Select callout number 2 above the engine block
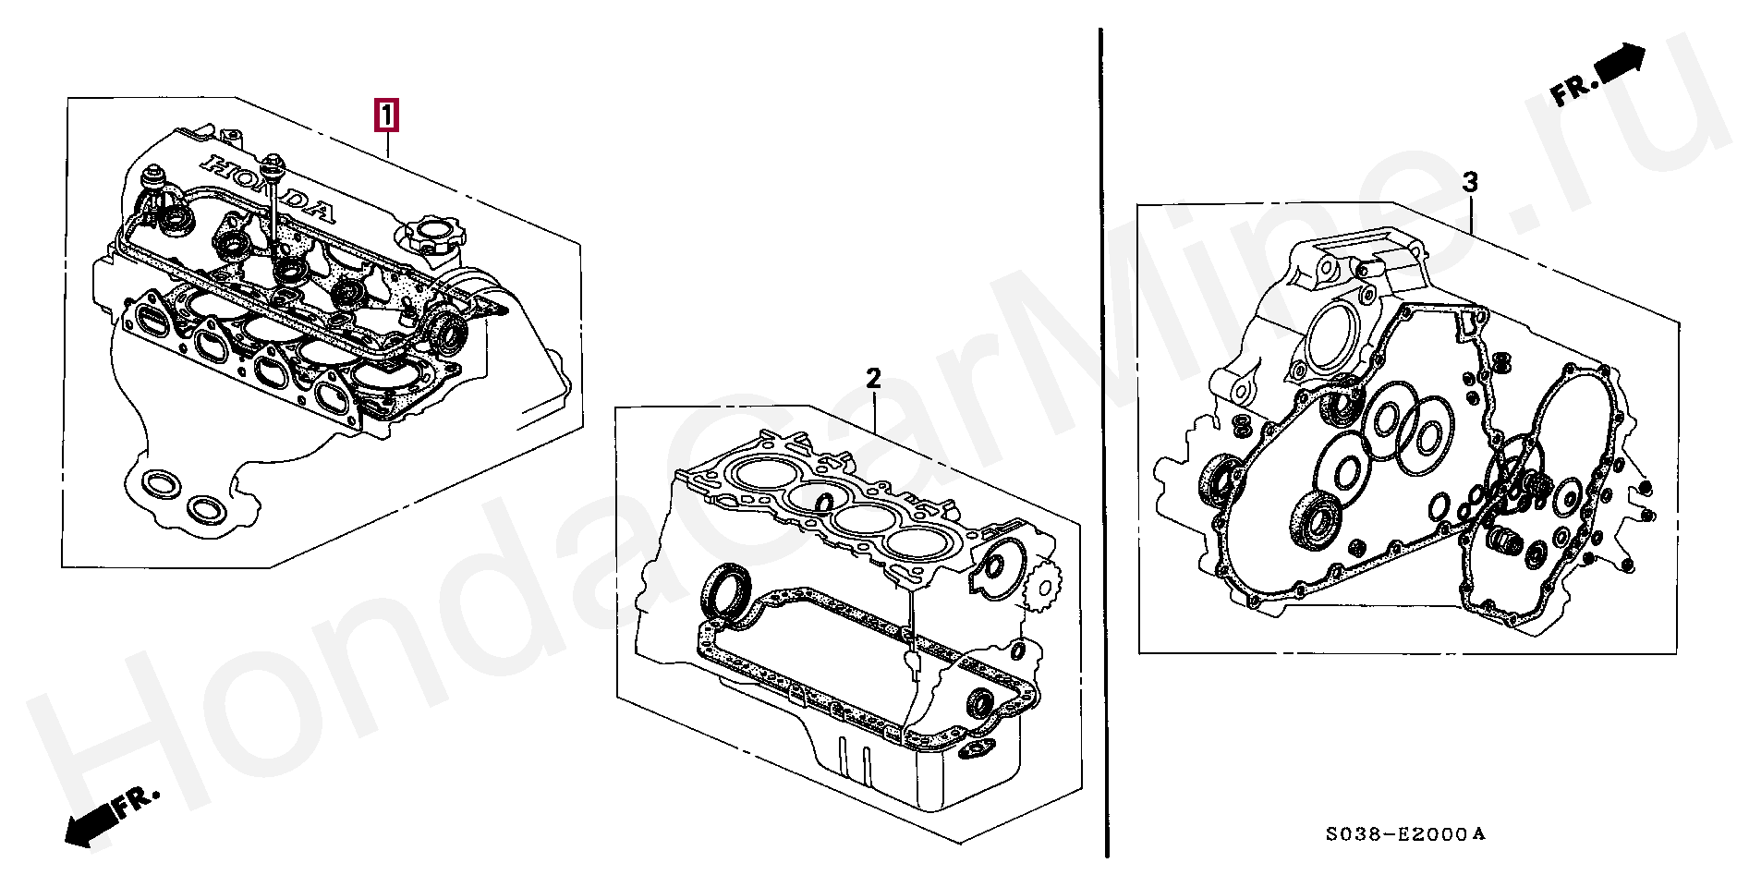[x=873, y=378]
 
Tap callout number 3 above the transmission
[x=1470, y=182]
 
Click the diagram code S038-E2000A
[x=1405, y=834]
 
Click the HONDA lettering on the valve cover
[x=267, y=189]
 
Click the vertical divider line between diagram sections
[x=1103, y=443]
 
